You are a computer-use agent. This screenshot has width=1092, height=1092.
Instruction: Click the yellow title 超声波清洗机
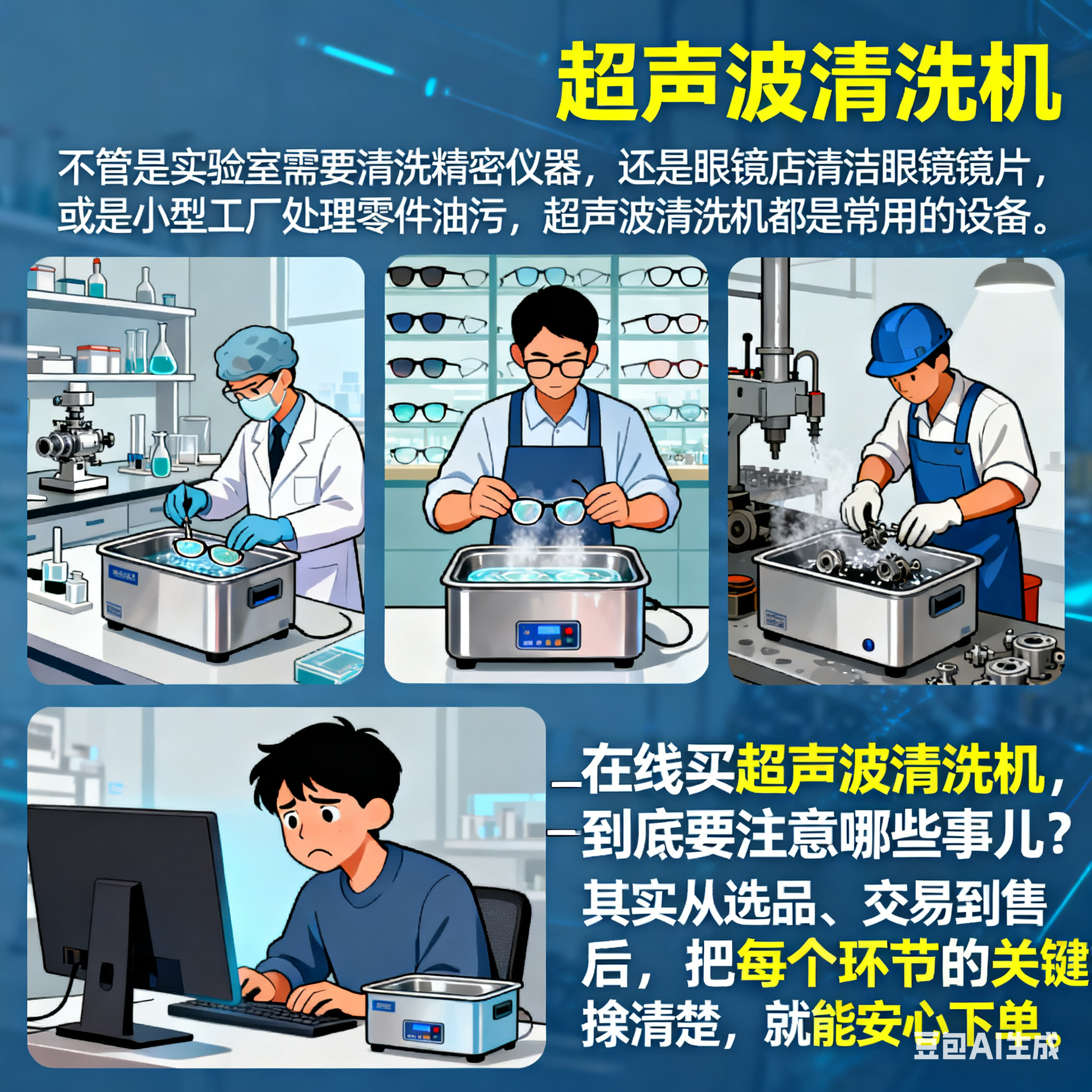pos(808,85)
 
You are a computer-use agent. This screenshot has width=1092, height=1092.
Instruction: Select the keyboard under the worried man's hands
pos(266,1017)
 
